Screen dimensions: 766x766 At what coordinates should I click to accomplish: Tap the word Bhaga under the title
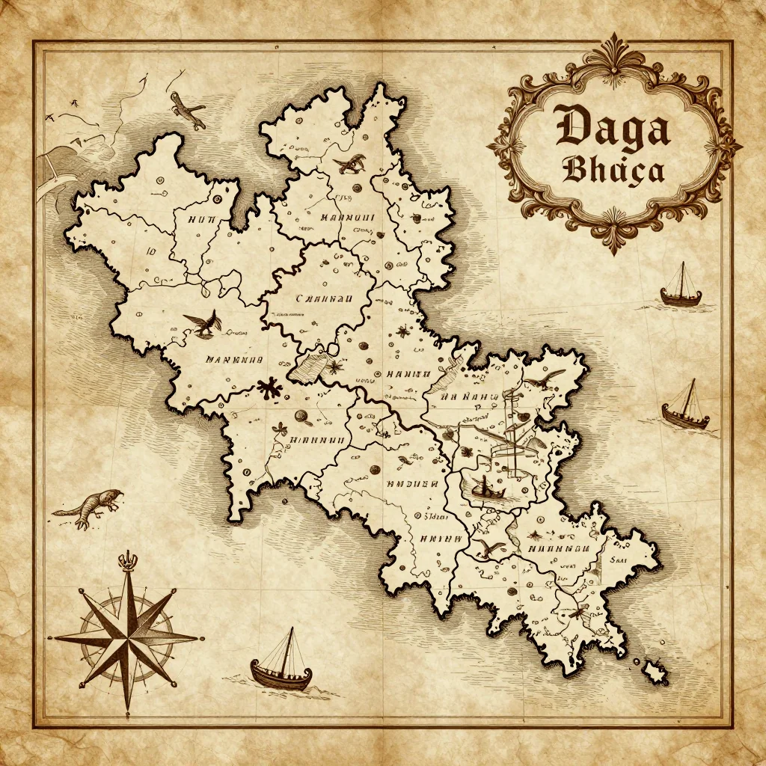tap(613, 171)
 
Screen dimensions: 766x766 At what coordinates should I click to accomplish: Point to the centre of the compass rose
tap(127, 638)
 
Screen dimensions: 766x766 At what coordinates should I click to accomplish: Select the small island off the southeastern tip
tap(655, 671)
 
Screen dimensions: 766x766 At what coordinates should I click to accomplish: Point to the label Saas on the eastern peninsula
tap(618, 558)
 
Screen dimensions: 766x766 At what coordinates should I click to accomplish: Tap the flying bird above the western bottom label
tap(202, 322)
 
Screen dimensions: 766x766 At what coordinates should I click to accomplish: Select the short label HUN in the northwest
tap(201, 219)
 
